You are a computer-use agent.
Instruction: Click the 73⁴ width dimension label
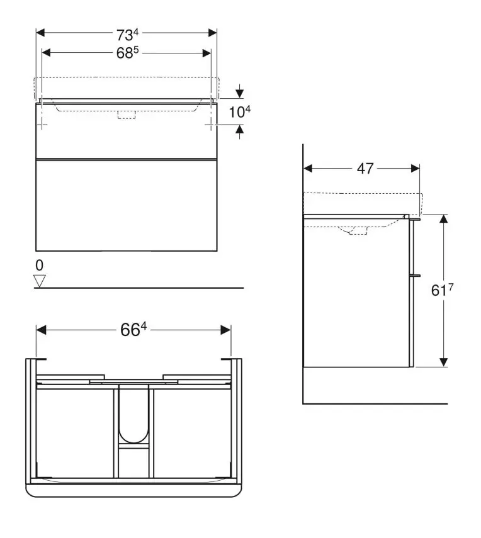[127, 35]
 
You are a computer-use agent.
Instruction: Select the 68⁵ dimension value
[127, 53]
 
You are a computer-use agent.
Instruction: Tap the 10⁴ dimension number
[240, 112]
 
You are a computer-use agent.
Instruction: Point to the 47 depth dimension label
[365, 169]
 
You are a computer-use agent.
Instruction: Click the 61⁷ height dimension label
[442, 290]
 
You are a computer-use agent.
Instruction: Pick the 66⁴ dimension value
[133, 330]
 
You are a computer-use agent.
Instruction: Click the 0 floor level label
[40, 266]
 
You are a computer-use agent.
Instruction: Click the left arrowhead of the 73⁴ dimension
[40, 33]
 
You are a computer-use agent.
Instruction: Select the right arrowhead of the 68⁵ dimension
[207, 53]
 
